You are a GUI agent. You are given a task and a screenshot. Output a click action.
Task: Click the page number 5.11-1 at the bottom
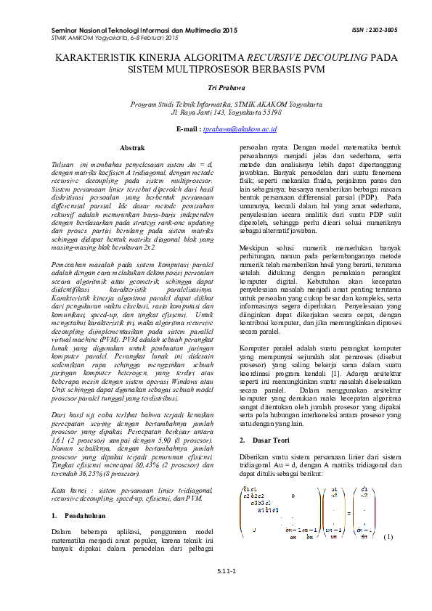click(x=216, y=572)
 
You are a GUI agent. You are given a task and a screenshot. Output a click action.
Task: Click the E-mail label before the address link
click(x=188, y=128)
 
